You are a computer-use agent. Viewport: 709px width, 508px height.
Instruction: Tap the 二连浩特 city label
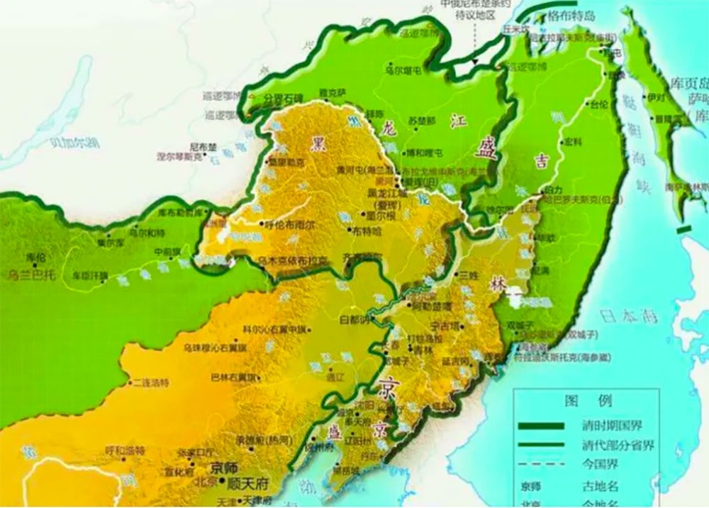coord(149,382)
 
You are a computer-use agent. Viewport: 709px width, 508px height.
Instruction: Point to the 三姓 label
coord(470,274)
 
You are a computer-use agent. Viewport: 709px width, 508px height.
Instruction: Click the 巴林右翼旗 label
coord(235,377)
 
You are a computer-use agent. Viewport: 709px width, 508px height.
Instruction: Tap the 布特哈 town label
coord(367,231)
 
